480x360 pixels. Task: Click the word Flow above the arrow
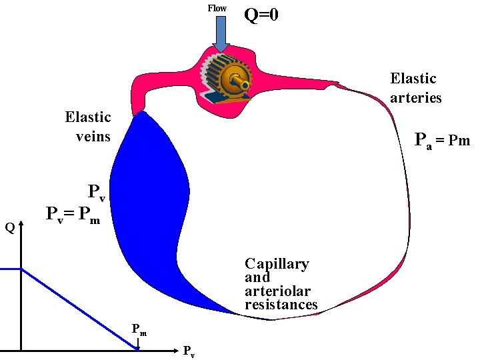pos(217,8)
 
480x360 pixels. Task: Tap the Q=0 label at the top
pos(261,14)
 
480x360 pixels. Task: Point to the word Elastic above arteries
pos(413,79)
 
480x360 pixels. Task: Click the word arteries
pos(416,97)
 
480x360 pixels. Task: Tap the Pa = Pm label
pos(442,141)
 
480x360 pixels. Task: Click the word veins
pos(92,137)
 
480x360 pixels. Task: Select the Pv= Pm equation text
pos(73,215)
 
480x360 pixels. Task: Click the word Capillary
pos(277,263)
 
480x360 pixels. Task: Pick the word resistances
pos(281,305)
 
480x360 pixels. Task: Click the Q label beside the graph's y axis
pos(9,228)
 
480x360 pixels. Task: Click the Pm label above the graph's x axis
pos(139,328)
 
